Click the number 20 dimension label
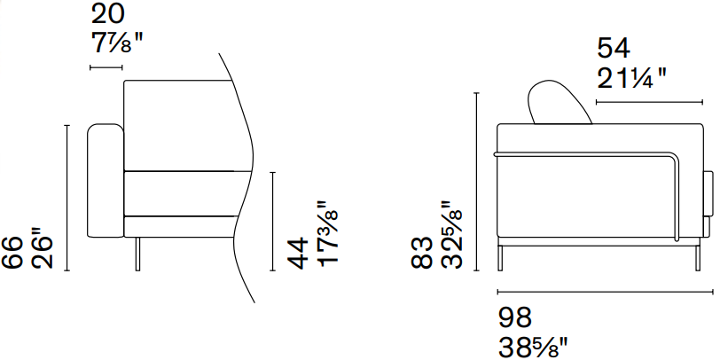pyautogui.click(x=107, y=14)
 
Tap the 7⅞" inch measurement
pyautogui.click(x=117, y=43)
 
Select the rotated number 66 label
pyautogui.click(x=12, y=253)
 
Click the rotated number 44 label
pyautogui.click(x=298, y=253)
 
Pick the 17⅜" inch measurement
pyautogui.click(x=327, y=233)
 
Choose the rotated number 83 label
pyautogui.click(x=421, y=253)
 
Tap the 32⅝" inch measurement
pyautogui.click(x=451, y=234)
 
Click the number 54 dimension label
pyautogui.click(x=614, y=48)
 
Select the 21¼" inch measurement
pyautogui.click(x=631, y=78)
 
